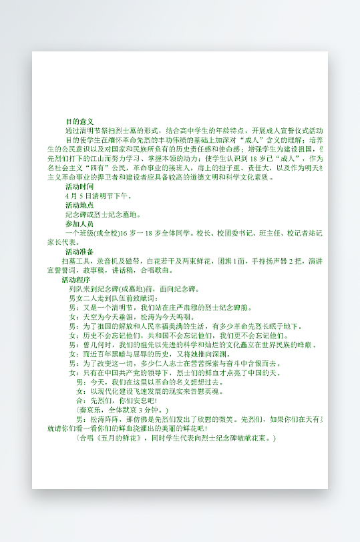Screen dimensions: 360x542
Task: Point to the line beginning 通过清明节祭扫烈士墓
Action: pos(194,130)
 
